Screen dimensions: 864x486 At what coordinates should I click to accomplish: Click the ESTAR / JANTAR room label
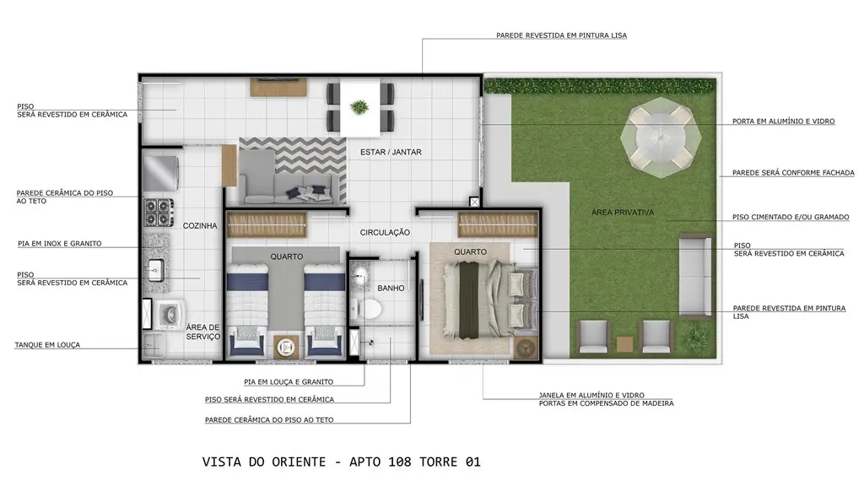click(x=391, y=152)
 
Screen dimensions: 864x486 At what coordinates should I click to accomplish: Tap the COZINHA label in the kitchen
click(x=200, y=225)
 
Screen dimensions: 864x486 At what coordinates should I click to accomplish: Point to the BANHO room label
click(x=391, y=289)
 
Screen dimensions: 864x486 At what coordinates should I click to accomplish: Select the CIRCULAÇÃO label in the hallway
click(x=385, y=233)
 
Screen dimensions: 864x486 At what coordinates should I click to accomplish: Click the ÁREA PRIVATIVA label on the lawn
click(x=623, y=212)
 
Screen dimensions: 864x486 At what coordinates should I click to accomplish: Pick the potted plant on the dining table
click(x=359, y=107)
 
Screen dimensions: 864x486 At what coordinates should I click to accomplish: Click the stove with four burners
click(x=159, y=213)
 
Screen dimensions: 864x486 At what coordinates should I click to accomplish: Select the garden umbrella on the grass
click(x=661, y=138)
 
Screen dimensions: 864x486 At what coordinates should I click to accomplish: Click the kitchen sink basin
click(x=156, y=271)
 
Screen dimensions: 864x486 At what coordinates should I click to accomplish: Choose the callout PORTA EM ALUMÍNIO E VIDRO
click(x=783, y=121)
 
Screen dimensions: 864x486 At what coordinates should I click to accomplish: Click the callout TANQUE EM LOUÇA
click(x=47, y=345)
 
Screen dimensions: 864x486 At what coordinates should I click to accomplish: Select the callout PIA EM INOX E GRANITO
click(x=60, y=244)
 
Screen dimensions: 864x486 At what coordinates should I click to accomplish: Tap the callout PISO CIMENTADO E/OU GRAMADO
click(x=790, y=217)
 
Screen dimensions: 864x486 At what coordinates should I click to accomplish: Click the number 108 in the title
click(x=400, y=462)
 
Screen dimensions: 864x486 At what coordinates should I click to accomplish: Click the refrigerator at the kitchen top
click(x=161, y=172)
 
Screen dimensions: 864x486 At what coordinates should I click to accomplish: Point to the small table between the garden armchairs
click(x=625, y=344)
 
